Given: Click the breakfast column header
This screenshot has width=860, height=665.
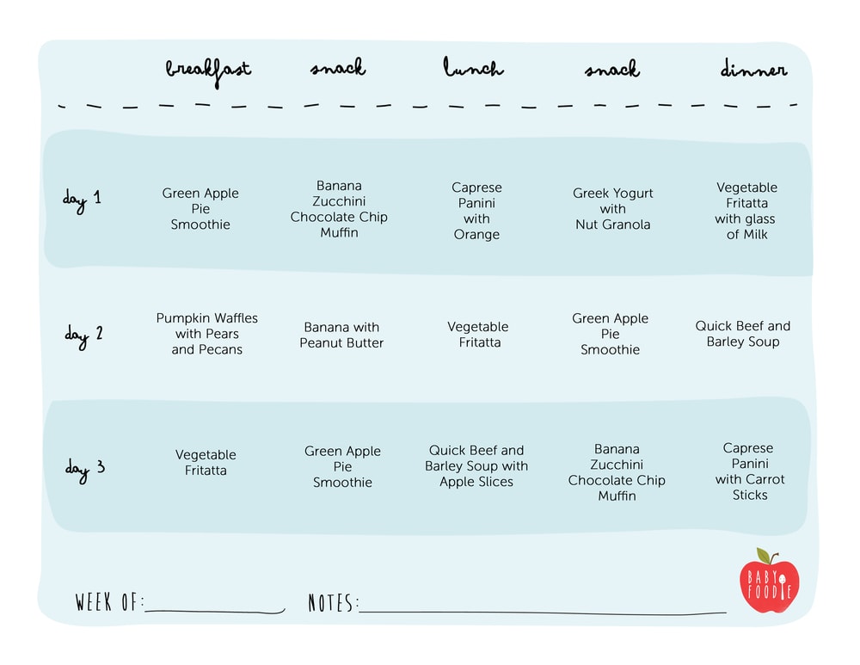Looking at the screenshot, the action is coord(208,71).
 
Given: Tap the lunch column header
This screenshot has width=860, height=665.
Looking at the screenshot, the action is coord(473,67).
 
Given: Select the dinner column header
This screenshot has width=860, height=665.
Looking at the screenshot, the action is coord(753,68).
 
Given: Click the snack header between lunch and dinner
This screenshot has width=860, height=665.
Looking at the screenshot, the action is coord(612,69).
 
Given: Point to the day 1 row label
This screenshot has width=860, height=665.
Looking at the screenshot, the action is coord(82,200).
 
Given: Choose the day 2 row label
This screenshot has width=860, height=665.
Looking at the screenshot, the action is coord(84,336).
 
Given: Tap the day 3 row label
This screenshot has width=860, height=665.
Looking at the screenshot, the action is coord(85,470).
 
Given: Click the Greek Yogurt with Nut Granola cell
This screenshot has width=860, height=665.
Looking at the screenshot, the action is coord(612,208).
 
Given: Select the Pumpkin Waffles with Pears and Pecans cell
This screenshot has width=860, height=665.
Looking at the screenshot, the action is coord(206,334).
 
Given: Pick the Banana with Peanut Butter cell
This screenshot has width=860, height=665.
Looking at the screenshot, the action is coord(341,335).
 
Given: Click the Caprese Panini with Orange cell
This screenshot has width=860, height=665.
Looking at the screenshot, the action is coord(476,211).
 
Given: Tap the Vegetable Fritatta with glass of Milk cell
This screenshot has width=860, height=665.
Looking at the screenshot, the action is coord(746,211).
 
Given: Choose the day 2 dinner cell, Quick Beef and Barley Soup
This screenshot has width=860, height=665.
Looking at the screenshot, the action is coord(743,334).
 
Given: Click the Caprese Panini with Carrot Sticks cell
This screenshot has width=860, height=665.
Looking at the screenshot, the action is coord(749,471).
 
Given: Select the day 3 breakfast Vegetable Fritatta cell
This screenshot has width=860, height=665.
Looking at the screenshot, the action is coord(206,463).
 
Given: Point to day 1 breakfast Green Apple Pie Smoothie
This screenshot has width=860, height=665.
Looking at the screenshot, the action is coord(200,208).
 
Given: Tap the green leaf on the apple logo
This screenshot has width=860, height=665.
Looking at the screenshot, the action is coord(763,555).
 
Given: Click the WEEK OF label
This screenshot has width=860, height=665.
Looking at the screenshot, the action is coord(109,602).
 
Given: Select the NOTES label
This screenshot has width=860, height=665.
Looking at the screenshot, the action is coord(333,602).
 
